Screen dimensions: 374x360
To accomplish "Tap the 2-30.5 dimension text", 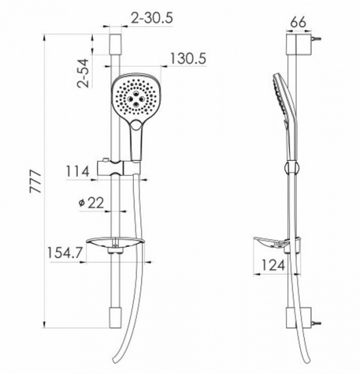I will click(x=152, y=20).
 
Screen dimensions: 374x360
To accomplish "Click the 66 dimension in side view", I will click(x=300, y=21).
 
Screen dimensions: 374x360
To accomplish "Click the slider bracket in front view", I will click(x=118, y=169).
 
